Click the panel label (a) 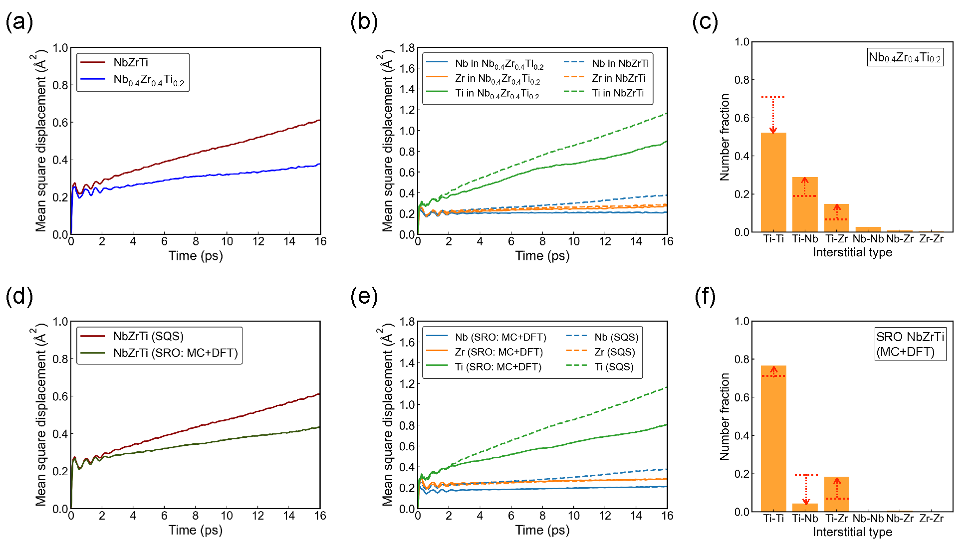[x=19, y=22]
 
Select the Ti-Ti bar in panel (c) [x=773, y=182]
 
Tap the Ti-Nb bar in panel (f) [x=805, y=508]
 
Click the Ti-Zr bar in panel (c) [x=837, y=218]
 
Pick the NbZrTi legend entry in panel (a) [x=131, y=62]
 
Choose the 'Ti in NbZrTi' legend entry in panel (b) [x=618, y=93]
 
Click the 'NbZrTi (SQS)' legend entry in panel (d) [x=148, y=336]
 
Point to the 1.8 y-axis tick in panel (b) [x=407, y=48]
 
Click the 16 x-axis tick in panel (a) [x=320, y=242]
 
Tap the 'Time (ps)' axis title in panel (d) [x=195, y=530]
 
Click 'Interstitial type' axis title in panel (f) [x=852, y=532]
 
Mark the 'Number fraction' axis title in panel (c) [x=725, y=137]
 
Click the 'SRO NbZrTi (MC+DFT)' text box [x=910, y=344]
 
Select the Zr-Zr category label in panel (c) [x=931, y=239]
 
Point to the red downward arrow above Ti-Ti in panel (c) [x=773, y=115]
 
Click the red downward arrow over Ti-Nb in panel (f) [x=806, y=490]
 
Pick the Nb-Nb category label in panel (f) [x=868, y=519]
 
